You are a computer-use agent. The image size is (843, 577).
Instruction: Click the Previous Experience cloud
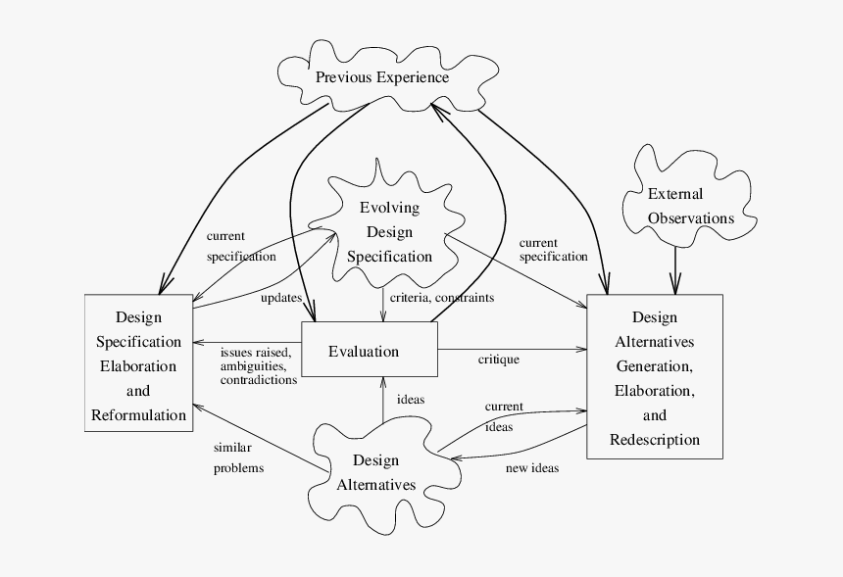point(381,77)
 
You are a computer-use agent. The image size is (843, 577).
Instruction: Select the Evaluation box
point(369,352)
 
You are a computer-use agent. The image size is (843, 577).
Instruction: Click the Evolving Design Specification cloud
point(389,232)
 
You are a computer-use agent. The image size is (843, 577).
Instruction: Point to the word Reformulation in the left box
point(138,414)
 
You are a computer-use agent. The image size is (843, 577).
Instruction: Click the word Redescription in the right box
point(655,439)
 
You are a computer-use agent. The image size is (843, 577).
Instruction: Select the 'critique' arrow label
point(498,360)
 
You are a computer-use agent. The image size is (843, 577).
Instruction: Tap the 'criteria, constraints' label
point(441,297)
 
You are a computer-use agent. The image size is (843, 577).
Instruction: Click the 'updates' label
point(280,297)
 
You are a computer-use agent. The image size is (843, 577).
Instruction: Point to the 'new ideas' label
point(531,468)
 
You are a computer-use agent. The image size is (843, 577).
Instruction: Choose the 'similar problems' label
point(238,457)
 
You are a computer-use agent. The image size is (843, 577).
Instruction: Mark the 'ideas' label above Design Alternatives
point(411,400)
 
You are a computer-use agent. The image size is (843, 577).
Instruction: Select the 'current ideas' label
point(503,416)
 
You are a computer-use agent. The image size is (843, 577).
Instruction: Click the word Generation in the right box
point(655,366)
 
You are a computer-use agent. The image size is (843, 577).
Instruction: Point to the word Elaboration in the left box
point(138,366)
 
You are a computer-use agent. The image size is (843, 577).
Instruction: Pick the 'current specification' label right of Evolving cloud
point(553,250)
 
